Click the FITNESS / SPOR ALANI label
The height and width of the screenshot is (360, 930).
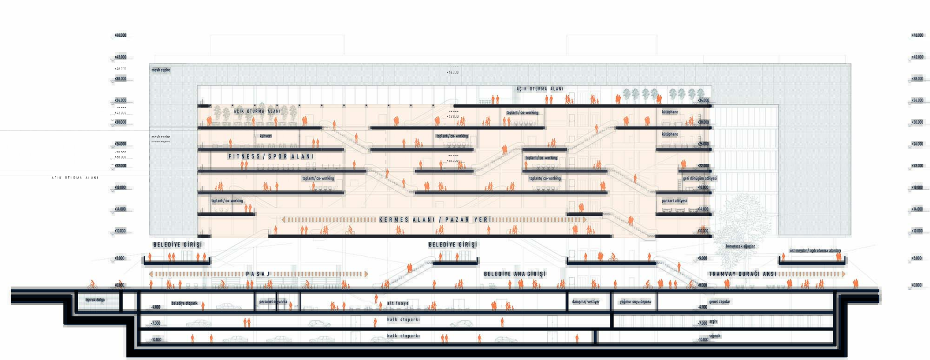point(271,157)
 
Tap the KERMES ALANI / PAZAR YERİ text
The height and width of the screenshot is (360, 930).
point(435,220)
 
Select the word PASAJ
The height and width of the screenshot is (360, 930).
point(258,274)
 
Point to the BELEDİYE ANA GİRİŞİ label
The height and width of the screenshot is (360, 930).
point(514,274)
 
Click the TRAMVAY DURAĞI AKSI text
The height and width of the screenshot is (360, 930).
point(742,274)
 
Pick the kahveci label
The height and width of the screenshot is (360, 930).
point(266,136)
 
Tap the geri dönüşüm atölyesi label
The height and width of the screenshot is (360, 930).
point(699,179)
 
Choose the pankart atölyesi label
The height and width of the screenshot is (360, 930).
point(674,201)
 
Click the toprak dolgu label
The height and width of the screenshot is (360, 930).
point(95,300)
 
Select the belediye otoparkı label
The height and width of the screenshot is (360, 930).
point(185,303)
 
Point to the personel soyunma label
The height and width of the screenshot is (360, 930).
point(273,302)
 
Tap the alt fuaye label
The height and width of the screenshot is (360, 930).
point(398,303)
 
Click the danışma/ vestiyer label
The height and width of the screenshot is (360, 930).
point(585,302)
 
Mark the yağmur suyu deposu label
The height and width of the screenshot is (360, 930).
point(635,302)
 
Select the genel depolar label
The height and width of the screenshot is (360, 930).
point(719,302)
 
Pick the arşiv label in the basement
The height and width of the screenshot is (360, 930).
point(713,321)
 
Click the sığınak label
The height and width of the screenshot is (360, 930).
point(715,336)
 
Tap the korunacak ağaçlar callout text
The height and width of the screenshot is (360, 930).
point(740,246)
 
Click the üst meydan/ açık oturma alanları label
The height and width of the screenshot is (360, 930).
point(815,251)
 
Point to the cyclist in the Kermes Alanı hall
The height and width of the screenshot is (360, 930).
point(350,230)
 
